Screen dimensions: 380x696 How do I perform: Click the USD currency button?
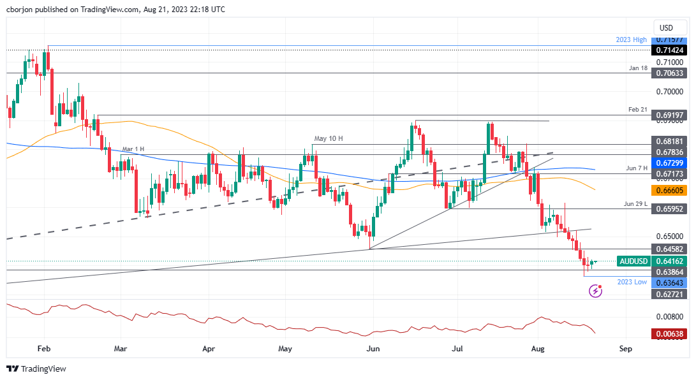click(x=666, y=27)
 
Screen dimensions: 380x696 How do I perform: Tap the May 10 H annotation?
click(x=329, y=138)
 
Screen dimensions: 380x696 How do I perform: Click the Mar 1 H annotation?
click(x=133, y=149)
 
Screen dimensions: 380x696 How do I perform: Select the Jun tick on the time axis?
click(x=374, y=349)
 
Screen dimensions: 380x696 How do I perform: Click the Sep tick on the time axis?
click(x=626, y=349)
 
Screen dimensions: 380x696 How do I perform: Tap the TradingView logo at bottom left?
click(x=36, y=369)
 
